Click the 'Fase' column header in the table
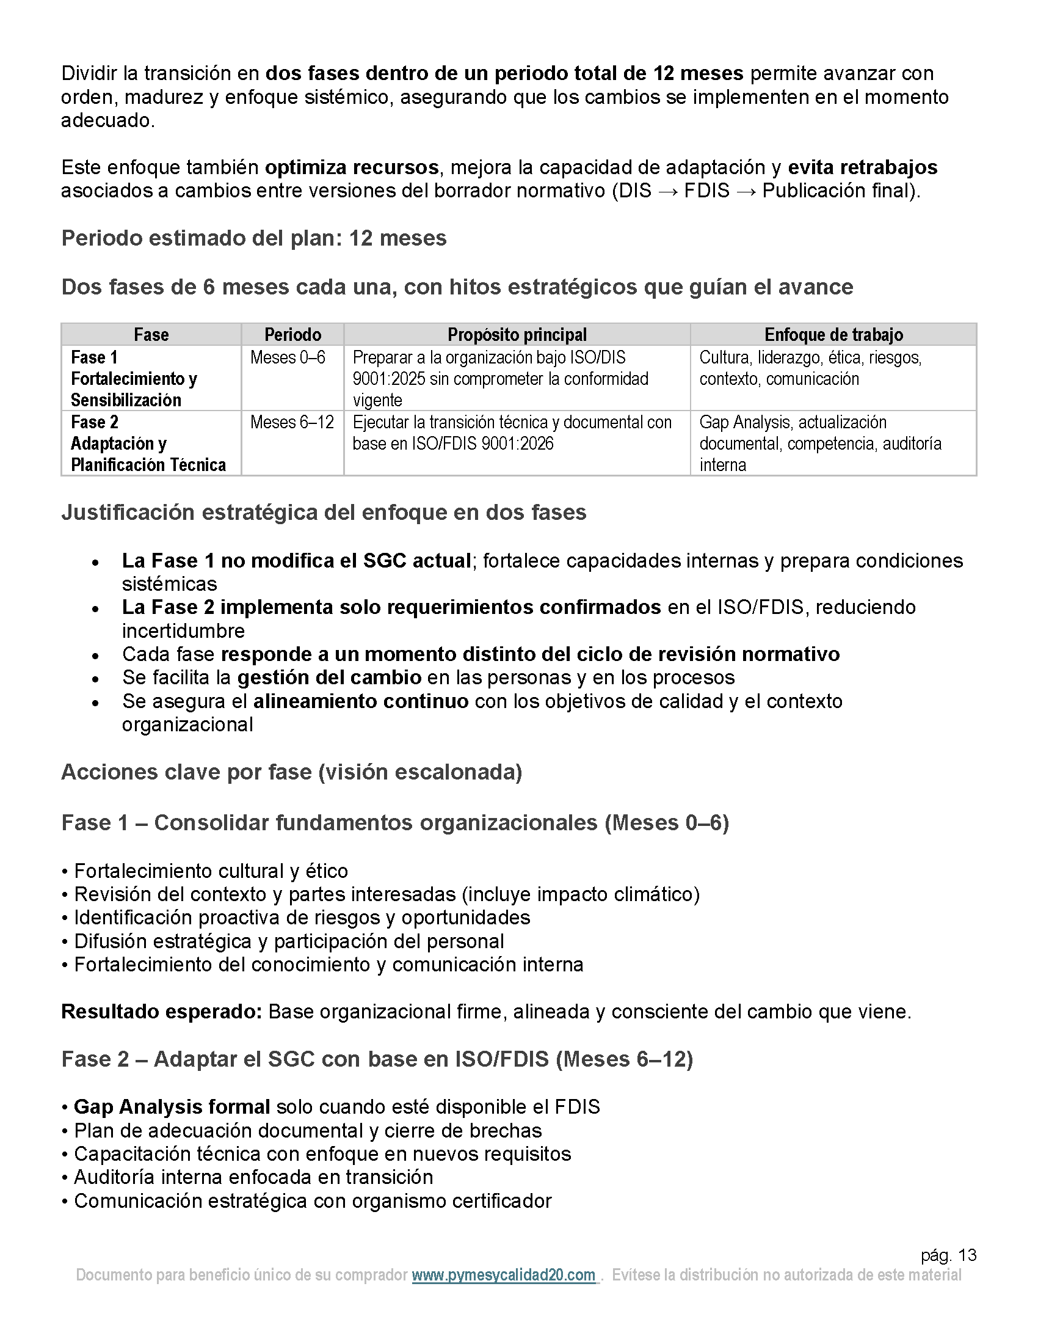[151, 335]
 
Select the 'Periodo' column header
[292, 335]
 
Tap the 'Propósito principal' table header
[517, 335]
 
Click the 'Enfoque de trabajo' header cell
[833, 335]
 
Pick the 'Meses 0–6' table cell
[288, 357]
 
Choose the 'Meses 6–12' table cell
[292, 422]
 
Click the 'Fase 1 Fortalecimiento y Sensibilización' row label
[134, 379]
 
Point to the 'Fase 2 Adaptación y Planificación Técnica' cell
[148, 443]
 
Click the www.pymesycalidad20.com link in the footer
[504, 1274]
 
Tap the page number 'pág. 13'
[948, 1255]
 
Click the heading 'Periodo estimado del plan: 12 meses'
[254, 238]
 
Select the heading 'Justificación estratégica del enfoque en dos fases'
[324, 512]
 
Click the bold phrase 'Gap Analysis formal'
[172, 1106]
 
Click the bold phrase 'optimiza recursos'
[352, 167]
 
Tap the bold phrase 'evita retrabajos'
[862, 167]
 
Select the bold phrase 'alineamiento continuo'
[361, 701]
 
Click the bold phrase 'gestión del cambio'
[330, 677]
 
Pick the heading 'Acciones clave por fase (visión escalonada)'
[291, 772]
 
